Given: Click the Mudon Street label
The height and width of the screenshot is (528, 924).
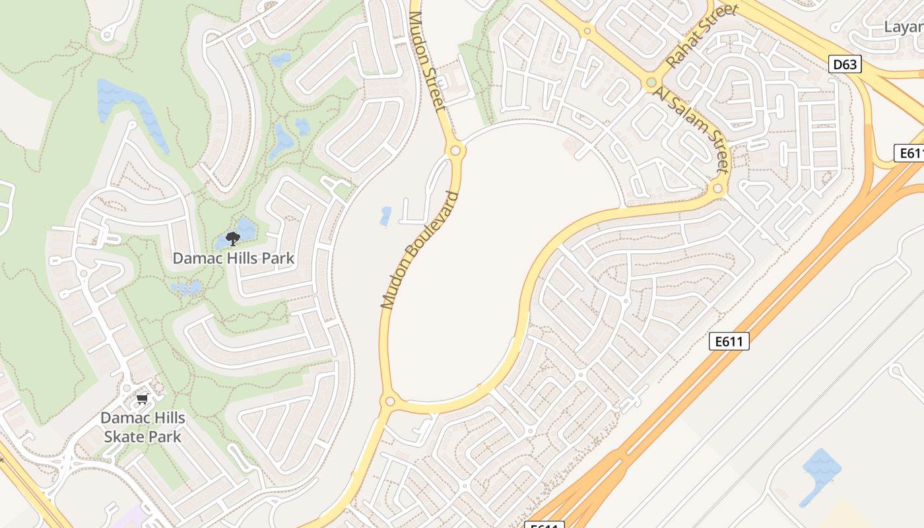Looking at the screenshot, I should click(428, 61).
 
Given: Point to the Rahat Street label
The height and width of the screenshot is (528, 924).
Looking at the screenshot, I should click(701, 36).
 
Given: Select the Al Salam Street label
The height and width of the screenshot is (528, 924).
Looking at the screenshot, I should click(691, 129).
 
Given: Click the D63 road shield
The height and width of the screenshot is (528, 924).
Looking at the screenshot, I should click(845, 64).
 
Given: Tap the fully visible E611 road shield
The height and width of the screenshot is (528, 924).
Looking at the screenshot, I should click(729, 341).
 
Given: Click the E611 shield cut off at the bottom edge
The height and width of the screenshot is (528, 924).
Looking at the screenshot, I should click(545, 525).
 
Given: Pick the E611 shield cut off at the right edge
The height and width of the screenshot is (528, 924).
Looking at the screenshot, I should click(909, 153).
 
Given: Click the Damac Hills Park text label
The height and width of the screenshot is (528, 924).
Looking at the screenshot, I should click(234, 258).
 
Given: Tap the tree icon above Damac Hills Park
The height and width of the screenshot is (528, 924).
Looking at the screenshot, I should click(232, 238).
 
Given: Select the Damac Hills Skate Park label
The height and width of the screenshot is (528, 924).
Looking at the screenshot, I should click(143, 427).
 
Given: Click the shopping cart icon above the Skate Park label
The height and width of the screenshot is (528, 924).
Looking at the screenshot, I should click(142, 399).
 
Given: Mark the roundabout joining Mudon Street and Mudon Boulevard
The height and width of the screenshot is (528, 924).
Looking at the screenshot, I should click(455, 150).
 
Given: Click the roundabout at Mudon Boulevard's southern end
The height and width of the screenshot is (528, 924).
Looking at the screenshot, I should click(389, 401).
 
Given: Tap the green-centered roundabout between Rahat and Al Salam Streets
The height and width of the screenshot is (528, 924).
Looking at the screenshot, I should click(651, 82).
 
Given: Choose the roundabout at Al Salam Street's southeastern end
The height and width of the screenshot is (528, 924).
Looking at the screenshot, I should click(718, 189).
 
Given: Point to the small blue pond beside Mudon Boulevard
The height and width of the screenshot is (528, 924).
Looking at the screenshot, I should click(385, 216).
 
